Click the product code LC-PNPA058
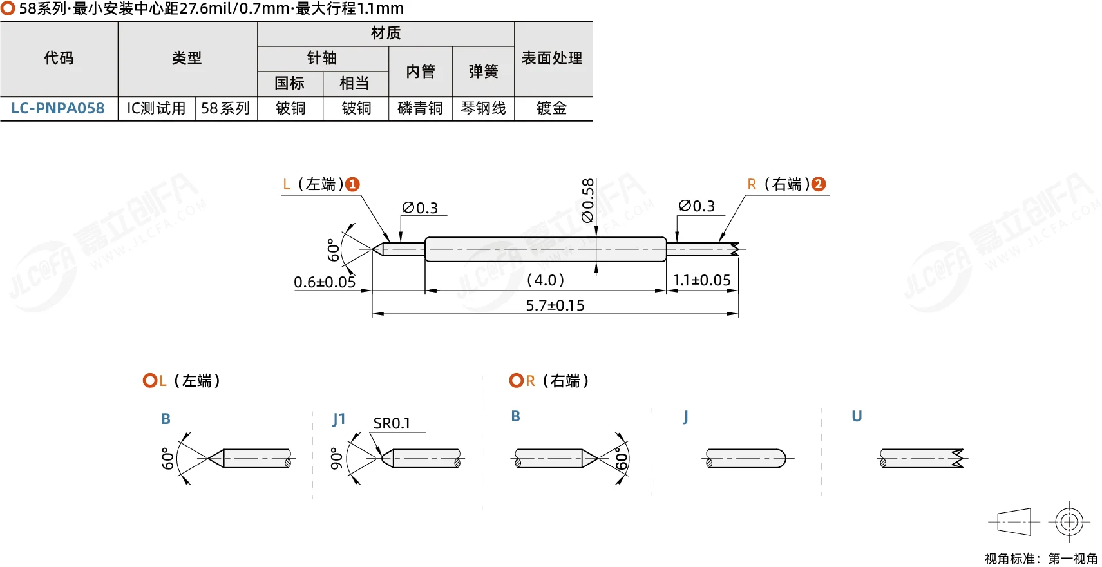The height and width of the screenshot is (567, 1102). pos(58,108)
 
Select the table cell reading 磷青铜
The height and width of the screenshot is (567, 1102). pos(420,108)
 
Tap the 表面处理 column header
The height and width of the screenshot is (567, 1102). pos(552,58)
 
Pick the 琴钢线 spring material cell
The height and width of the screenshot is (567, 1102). pos(483,108)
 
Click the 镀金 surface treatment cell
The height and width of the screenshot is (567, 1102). pos(552,108)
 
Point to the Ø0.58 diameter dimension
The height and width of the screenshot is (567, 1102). pos(588,201)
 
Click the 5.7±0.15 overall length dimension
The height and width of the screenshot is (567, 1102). pos(555,305)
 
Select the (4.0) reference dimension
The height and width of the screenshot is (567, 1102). pos(545,280)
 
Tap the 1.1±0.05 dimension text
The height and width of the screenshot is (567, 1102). pos(702,280)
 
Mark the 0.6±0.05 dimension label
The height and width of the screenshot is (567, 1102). pos(325,282)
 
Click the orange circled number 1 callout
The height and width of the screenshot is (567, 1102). pos(352,184)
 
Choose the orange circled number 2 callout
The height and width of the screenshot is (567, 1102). pos(819,184)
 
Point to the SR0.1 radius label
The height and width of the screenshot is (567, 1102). pos(392,423)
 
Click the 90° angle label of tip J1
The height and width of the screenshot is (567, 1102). pos(336,459)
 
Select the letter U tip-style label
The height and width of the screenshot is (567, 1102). pos(857,416)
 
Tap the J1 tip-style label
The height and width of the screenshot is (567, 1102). pos(339,419)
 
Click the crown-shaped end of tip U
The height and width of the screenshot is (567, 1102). pos(958,458)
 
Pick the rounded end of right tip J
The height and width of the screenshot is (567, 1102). pos(780,458)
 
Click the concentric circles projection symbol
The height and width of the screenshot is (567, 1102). pos(1069,522)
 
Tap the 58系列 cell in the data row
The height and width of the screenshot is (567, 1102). pos(226,108)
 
